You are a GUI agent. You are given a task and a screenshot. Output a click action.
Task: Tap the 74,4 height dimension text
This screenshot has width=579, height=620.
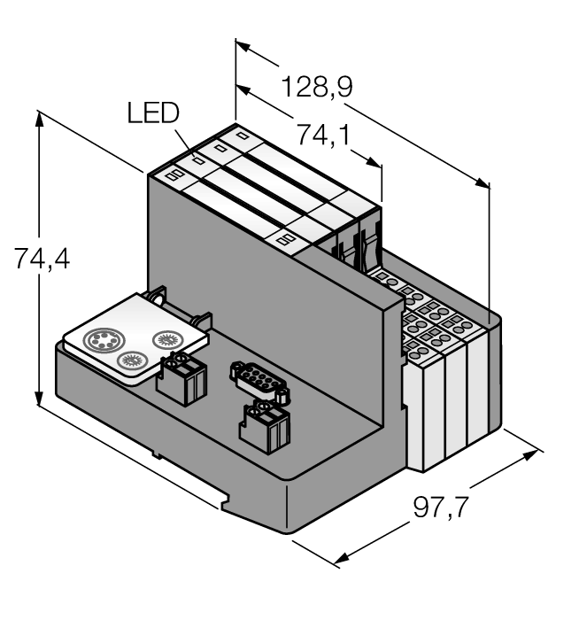click(x=42, y=259)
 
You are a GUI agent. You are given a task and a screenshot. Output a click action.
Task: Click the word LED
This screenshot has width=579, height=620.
click(x=153, y=113)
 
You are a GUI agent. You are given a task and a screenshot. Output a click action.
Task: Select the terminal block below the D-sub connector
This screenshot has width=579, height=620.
click(x=265, y=429)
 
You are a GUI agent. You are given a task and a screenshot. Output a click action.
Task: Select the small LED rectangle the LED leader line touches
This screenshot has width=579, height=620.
click(x=197, y=161)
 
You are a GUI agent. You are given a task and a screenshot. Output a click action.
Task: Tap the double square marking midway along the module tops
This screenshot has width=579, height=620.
click(x=287, y=237)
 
